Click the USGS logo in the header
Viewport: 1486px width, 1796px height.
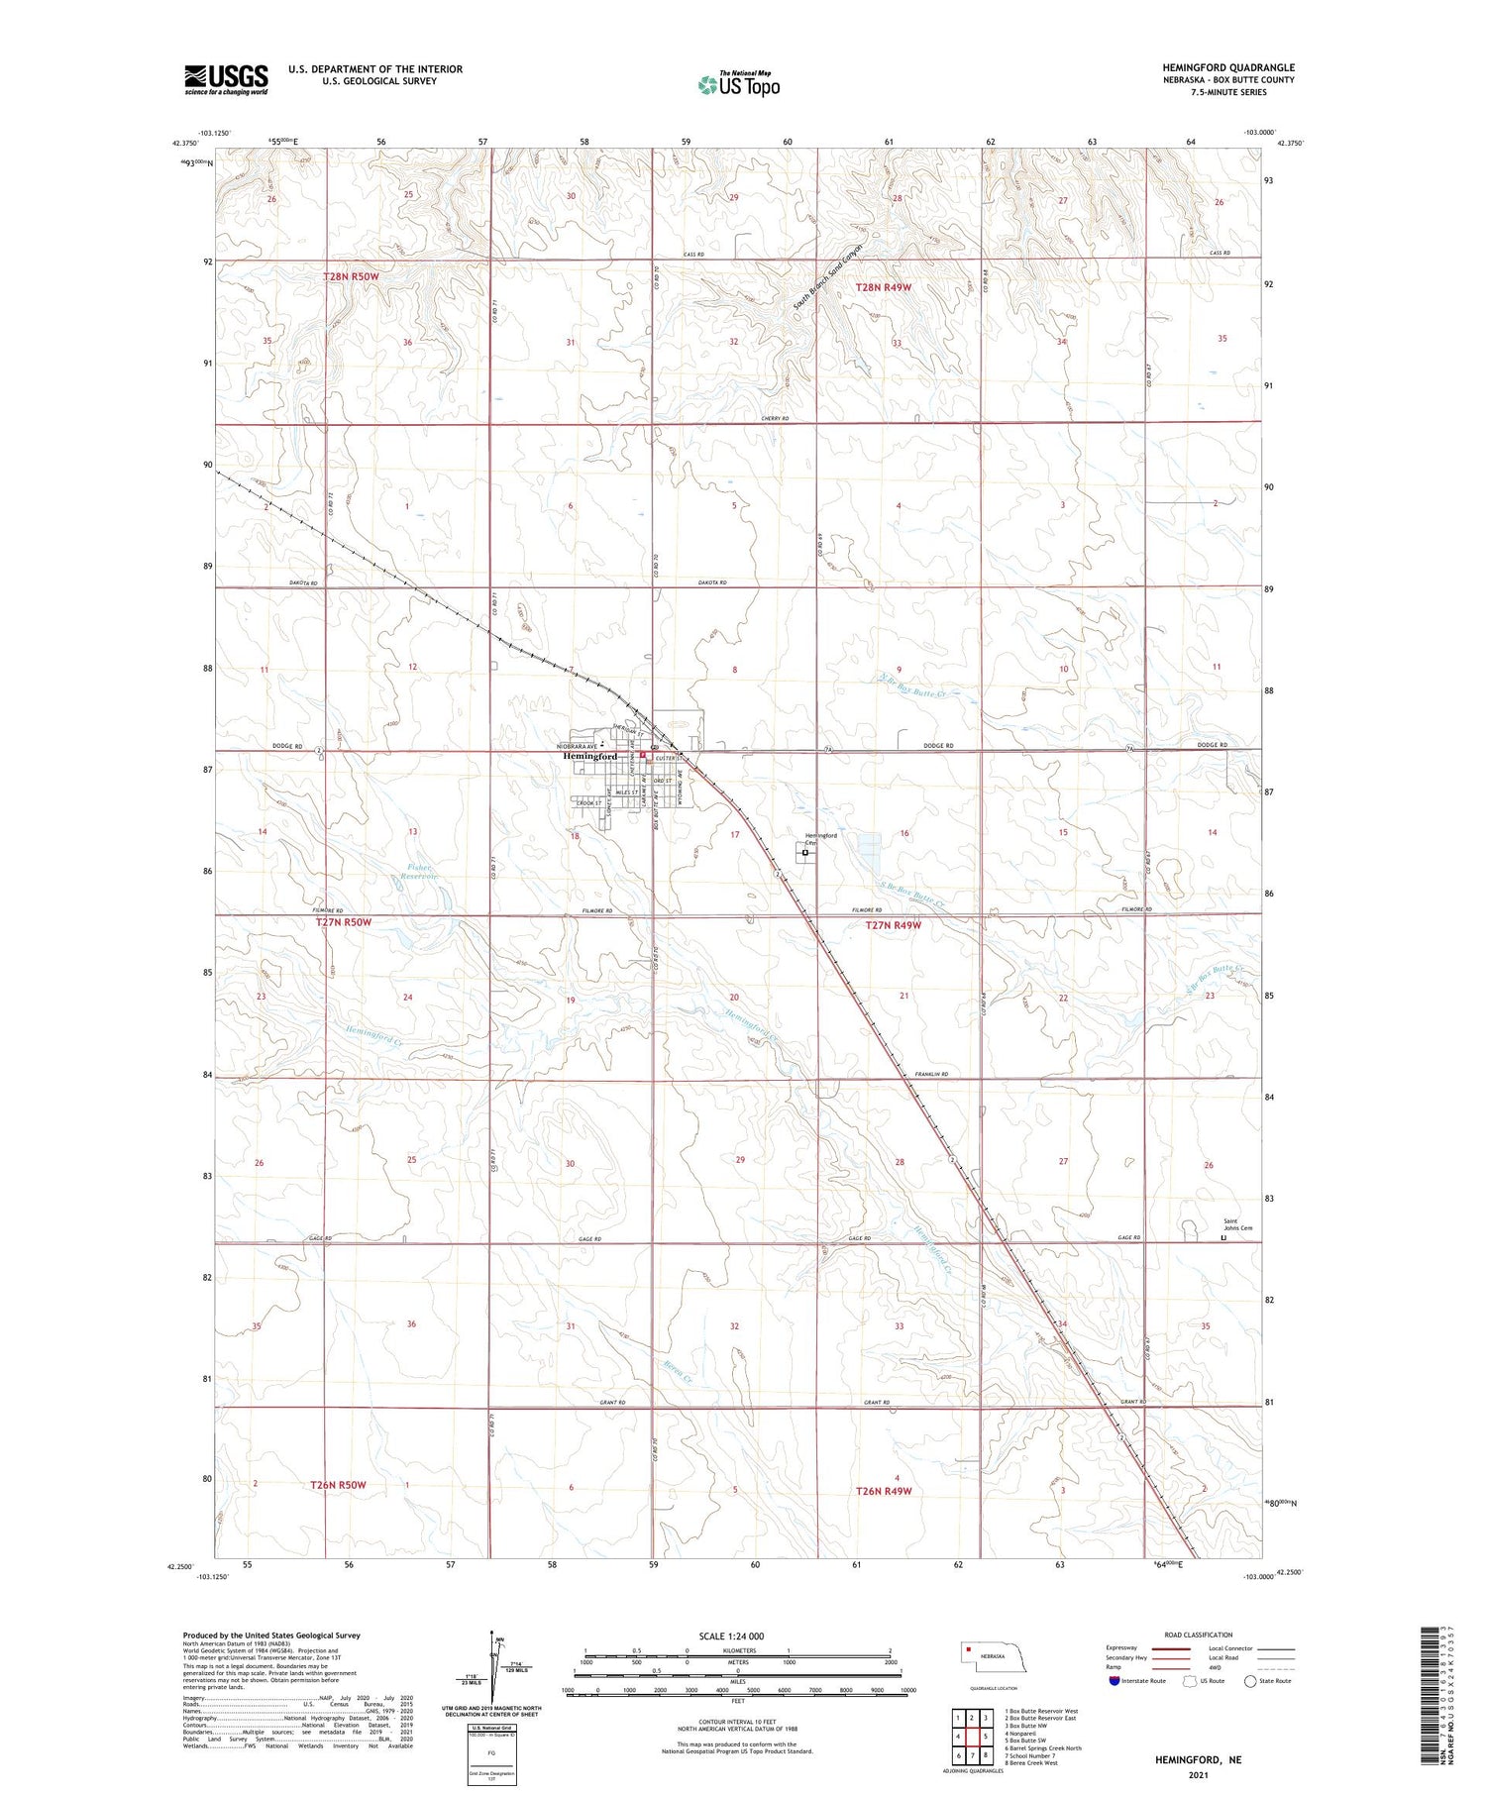226,79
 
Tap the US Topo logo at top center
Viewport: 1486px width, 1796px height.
739,85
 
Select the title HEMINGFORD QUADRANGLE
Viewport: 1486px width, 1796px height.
1228,67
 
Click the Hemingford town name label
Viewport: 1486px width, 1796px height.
589,756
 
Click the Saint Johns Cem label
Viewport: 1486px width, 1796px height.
1237,1224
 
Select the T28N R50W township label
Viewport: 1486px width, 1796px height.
351,276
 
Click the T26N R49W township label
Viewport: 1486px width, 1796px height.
883,1490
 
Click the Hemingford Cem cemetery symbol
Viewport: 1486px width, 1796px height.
804,851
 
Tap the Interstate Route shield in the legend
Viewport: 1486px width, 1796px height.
1114,1681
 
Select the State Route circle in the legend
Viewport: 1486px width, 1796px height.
1250,1681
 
